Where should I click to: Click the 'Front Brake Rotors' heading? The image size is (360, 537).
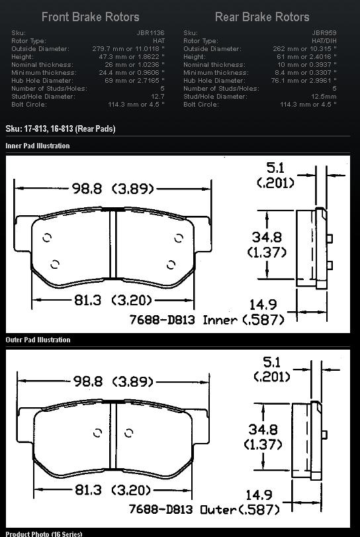pyautogui.click(x=91, y=17)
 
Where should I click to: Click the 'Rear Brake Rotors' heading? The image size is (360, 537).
pyautogui.click(x=262, y=17)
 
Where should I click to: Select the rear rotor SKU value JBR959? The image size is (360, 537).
pyautogui.click(x=324, y=33)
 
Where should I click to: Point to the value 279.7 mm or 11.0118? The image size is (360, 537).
pyautogui.click(x=128, y=48)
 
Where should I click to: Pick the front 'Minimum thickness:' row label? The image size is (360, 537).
pyautogui.click(x=44, y=73)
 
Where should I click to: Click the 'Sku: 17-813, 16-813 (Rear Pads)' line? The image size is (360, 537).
pyautogui.click(x=61, y=128)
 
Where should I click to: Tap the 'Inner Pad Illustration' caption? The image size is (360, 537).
pyautogui.click(x=38, y=146)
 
